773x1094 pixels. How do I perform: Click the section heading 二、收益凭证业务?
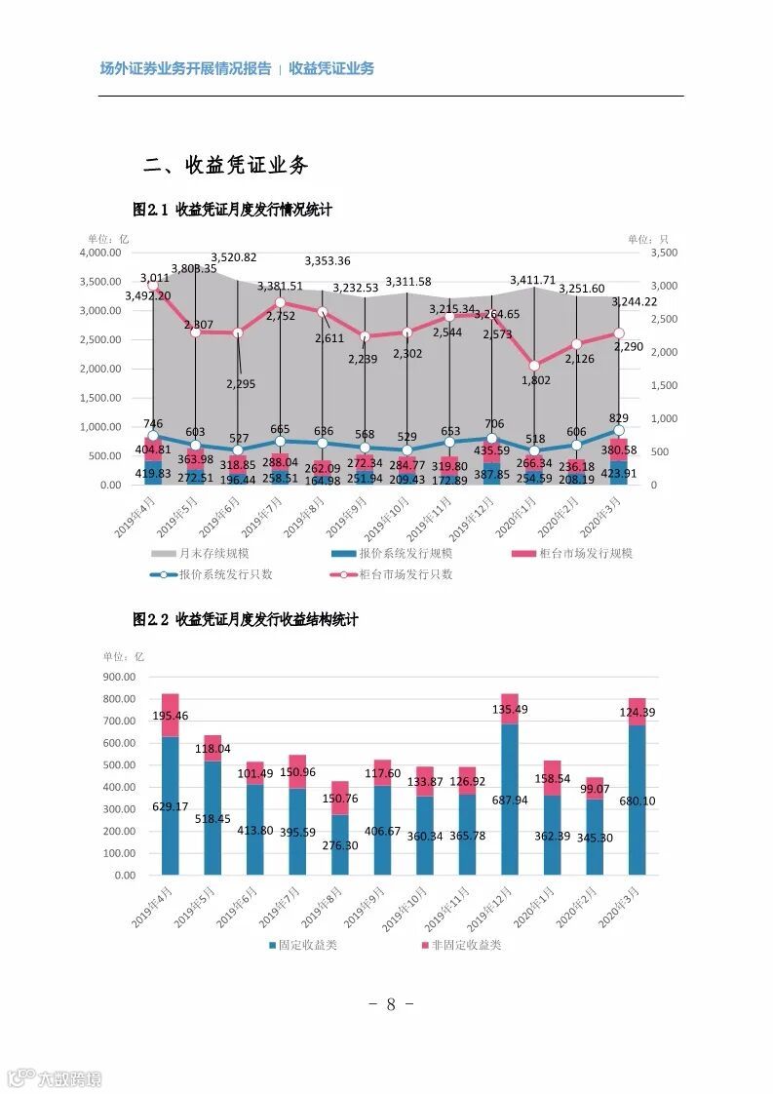(x=225, y=165)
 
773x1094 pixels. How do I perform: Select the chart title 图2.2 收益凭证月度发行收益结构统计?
(x=246, y=619)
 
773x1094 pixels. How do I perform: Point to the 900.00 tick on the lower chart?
(x=120, y=677)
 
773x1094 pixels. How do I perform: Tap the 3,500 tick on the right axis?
(x=662, y=253)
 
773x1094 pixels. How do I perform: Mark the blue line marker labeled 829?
(x=618, y=430)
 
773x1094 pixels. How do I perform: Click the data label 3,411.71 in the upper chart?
(x=533, y=281)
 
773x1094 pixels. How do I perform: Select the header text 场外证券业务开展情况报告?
(x=185, y=68)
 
